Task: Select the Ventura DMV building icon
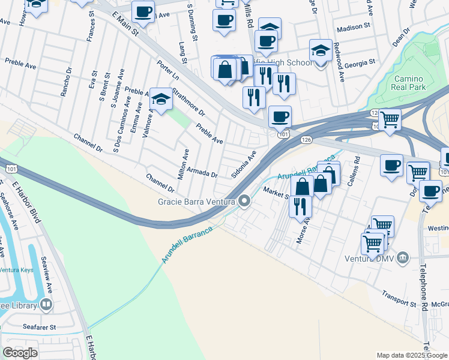(x=403, y=259)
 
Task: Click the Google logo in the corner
(x=20, y=353)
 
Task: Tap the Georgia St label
(x=360, y=61)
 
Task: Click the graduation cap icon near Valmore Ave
(x=161, y=100)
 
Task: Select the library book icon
(x=46, y=305)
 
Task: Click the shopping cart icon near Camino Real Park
(x=390, y=119)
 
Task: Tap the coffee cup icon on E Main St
(x=143, y=11)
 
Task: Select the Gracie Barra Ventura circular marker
(x=244, y=201)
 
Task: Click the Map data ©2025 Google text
(x=412, y=355)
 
